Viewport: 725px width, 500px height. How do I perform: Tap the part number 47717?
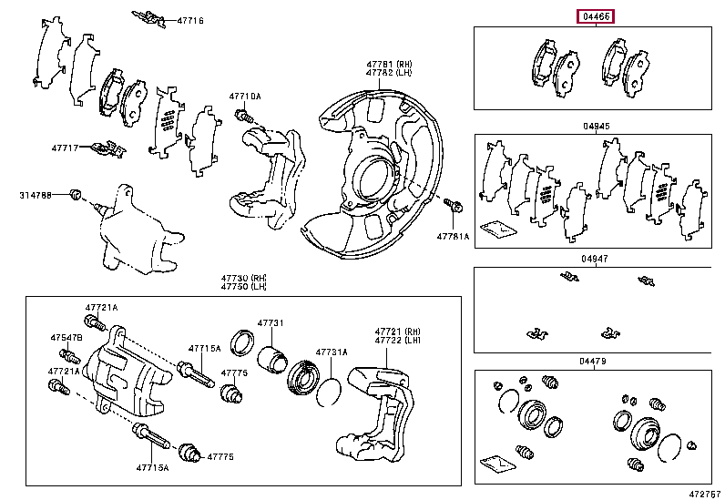(66, 147)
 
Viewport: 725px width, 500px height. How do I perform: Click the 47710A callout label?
(244, 96)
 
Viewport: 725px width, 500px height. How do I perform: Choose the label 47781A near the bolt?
(453, 236)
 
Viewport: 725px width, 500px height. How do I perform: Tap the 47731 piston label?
(270, 323)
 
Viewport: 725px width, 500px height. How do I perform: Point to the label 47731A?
(331, 352)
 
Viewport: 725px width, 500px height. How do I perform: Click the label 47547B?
(66, 338)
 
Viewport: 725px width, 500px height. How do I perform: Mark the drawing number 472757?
(704, 493)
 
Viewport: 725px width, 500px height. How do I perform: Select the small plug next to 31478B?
(78, 194)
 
